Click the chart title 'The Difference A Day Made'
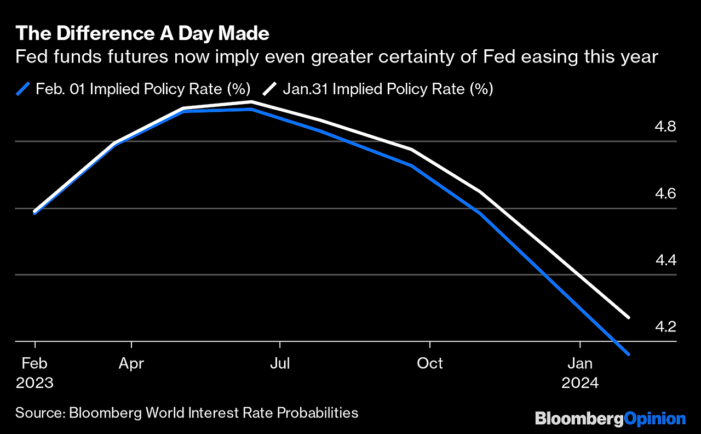tap(142, 34)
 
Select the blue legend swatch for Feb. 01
tap(23, 89)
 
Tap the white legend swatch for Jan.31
tap(270, 89)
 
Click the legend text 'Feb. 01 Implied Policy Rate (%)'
tap(143, 89)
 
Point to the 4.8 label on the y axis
tap(666, 127)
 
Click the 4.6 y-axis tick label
tap(666, 194)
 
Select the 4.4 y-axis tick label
tap(666, 260)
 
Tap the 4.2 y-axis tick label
tap(666, 327)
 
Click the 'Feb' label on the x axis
tap(35, 363)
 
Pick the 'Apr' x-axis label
tap(131, 363)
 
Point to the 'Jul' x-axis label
tap(280, 363)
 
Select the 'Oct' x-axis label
tap(430, 363)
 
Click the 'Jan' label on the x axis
tap(580, 363)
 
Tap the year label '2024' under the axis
tap(580, 382)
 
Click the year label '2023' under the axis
tap(35, 382)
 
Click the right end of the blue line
tap(628, 354)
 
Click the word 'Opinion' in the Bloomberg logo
tap(655, 419)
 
